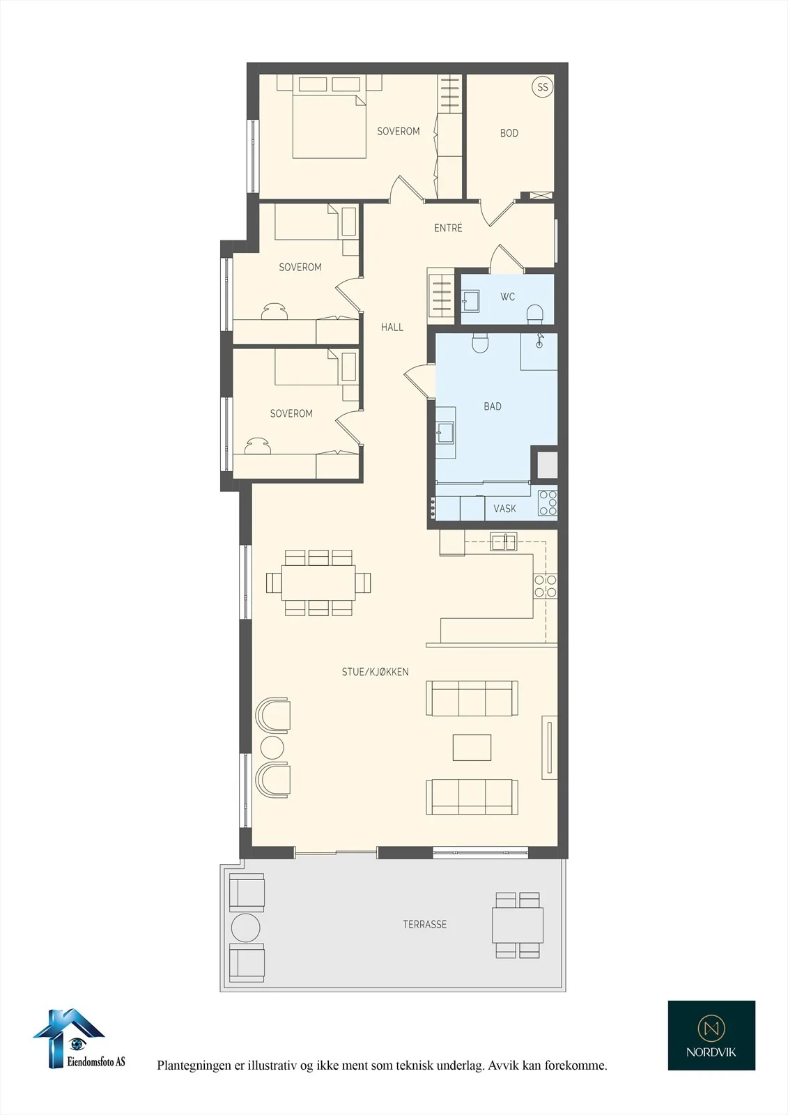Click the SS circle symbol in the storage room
click(x=543, y=87)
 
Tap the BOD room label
click(x=509, y=133)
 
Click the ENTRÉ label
click(x=448, y=227)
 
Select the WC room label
click(x=507, y=297)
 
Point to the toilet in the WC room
click(x=534, y=314)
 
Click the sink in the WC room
click(x=470, y=300)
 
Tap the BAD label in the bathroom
click(x=493, y=406)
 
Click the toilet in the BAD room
click(x=480, y=342)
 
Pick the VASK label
click(x=504, y=508)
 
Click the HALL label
click(x=392, y=327)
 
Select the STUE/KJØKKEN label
click(x=376, y=672)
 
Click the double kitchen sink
click(x=504, y=541)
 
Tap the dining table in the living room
click(x=318, y=583)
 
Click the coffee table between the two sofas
click(x=472, y=747)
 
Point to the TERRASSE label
click(x=424, y=924)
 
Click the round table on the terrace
click(x=245, y=928)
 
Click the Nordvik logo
click(x=711, y=1036)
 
